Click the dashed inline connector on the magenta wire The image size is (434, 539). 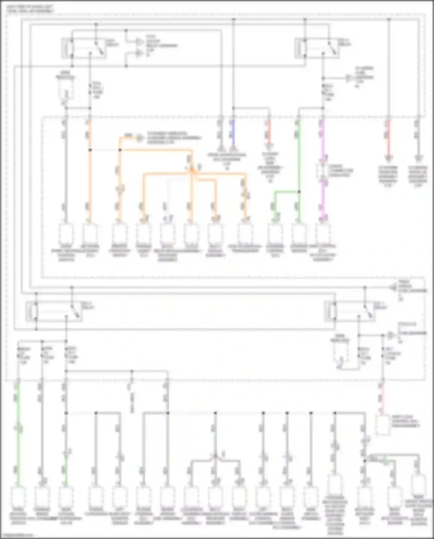click(323, 171)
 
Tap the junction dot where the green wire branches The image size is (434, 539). click(299, 191)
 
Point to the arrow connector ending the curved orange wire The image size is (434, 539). click(140, 138)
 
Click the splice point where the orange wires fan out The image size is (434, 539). click(191, 171)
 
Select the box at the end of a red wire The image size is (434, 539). click(382, 425)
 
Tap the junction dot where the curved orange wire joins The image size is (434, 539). click(120, 150)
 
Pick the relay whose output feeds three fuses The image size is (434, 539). click(55, 311)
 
